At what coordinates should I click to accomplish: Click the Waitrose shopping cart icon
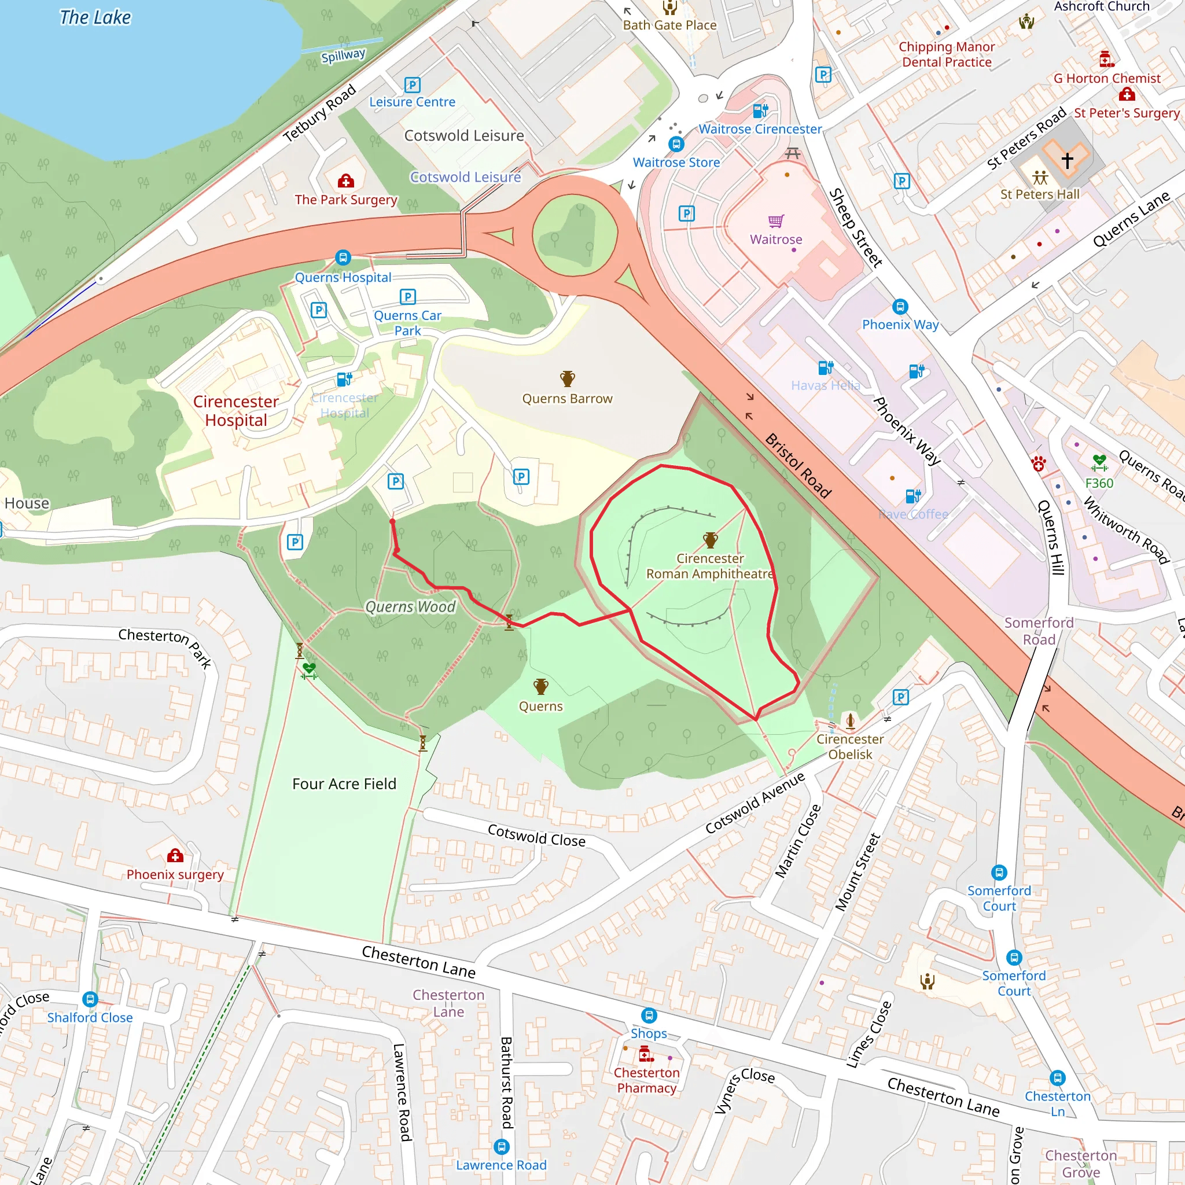[x=776, y=221]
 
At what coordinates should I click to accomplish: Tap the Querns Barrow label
[x=568, y=399]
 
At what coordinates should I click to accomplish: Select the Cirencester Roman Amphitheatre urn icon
[x=711, y=540]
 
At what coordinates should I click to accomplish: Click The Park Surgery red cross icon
[x=346, y=181]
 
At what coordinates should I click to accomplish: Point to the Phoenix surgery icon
[x=175, y=855]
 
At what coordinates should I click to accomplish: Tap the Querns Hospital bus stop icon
[x=343, y=257]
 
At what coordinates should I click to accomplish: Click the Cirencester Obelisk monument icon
[x=850, y=721]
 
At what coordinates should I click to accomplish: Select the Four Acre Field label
[x=344, y=784]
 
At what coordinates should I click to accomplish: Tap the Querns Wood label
[x=410, y=607]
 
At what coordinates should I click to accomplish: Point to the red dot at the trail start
[x=392, y=521]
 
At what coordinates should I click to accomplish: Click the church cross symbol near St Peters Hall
[x=1067, y=160]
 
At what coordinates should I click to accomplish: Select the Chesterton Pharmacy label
[x=646, y=1080]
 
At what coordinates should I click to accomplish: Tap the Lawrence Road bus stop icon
[x=501, y=1146]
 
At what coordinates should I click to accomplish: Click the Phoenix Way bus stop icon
[x=900, y=307]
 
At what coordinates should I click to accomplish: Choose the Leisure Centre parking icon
[x=412, y=84]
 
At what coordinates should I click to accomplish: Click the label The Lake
[x=95, y=17]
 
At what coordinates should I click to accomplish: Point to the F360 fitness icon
[x=1099, y=462]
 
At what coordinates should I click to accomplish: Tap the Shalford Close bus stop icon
[x=90, y=999]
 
